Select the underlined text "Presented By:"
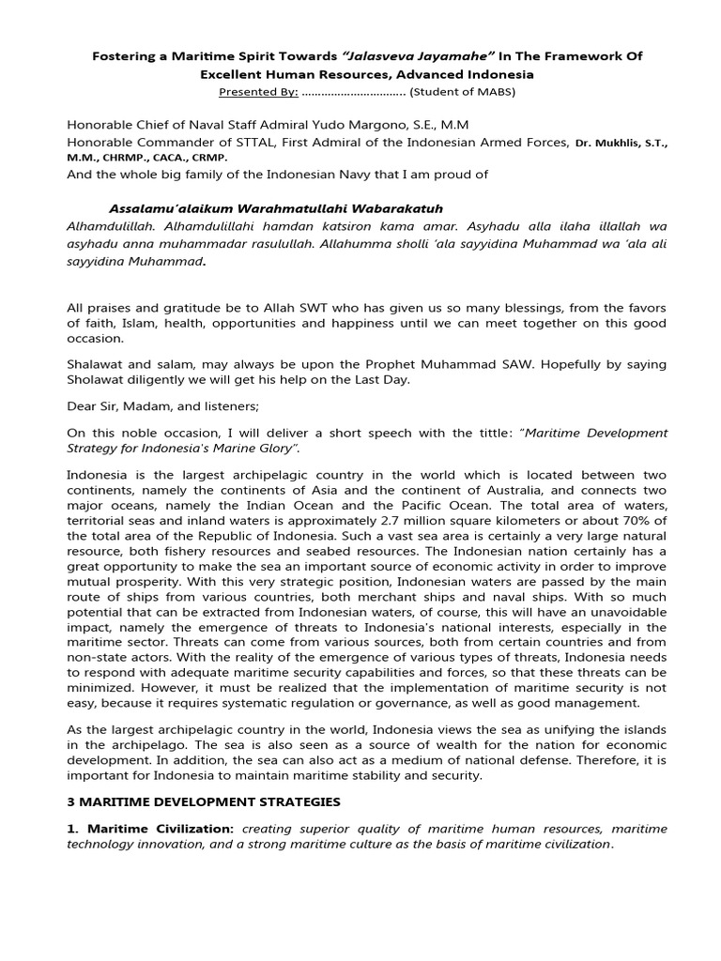[258, 92]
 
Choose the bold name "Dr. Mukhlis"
[606, 143]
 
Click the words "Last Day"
[375, 379]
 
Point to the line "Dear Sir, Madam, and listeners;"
[154, 406]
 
